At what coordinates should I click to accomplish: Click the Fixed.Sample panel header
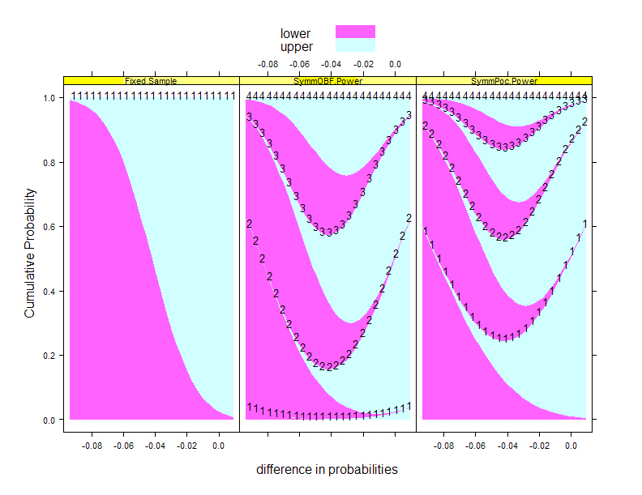pyautogui.click(x=151, y=81)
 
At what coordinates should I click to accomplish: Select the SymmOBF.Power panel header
pyautogui.click(x=327, y=81)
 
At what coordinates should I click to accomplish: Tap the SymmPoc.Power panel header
pyautogui.click(x=504, y=81)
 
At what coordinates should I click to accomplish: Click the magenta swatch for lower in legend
pyautogui.click(x=355, y=32)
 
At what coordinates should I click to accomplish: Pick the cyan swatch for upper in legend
pyautogui.click(x=355, y=46)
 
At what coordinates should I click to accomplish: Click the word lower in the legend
pyautogui.click(x=295, y=33)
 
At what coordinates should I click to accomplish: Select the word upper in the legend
pyautogui.click(x=296, y=47)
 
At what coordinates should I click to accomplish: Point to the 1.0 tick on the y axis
pyautogui.click(x=48, y=98)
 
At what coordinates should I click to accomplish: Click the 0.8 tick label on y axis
pyautogui.click(x=48, y=163)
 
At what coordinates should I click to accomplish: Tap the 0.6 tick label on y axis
pyautogui.click(x=48, y=227)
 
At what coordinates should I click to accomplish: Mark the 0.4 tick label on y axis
pyautogui.click(x=48, y=292)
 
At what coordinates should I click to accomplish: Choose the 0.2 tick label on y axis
pyautogui.click(x=48, y=356)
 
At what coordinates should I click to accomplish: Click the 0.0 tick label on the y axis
pyautogui.click(x=48, y=420)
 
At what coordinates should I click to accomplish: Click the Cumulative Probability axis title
pyautogui.click(x=29, y=253)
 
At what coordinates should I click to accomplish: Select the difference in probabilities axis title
pyautogui.click(x=327, y=469)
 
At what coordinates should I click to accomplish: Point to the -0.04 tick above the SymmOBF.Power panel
pyautogui.click(x=331, y=63)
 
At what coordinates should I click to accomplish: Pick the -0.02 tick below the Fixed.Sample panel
pyautogui.click(x=187, y=445)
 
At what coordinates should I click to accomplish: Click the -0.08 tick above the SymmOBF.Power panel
pyautogui.click(x=268, y=63)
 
